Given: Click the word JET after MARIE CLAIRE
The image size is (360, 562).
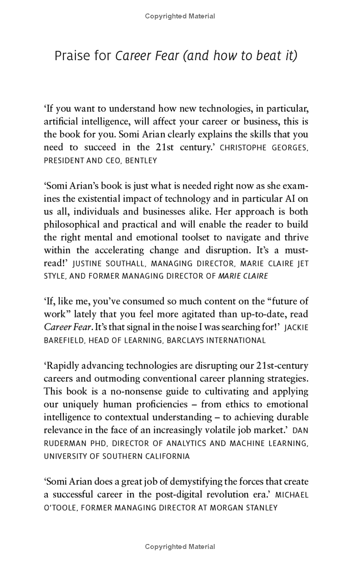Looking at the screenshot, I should (303, 263).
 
